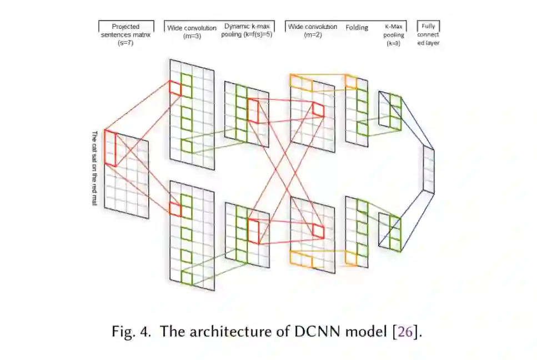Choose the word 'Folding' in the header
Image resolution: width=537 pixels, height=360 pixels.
pos(357,27)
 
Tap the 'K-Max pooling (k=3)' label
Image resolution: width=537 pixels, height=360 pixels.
pos(394,34)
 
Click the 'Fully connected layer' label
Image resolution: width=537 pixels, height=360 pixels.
pos(428,34)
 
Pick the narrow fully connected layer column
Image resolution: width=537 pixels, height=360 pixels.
pos(428,169)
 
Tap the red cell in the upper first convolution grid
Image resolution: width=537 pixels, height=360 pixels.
pos(175,87)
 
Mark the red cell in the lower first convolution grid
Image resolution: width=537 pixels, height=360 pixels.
pos(175,209)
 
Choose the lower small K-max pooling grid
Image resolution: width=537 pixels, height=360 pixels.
pos(389,231)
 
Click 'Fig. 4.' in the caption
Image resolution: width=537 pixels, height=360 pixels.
pos(132,332)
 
